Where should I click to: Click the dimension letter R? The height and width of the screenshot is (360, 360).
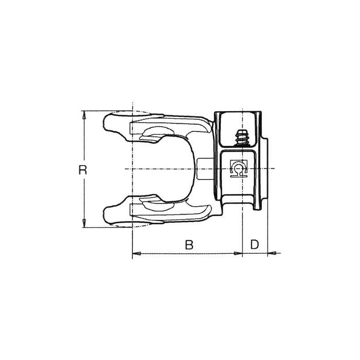[x=83, y=170]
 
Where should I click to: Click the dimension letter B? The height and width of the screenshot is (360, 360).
[x=189, y=244]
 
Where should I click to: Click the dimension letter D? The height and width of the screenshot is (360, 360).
[x=255, y=244]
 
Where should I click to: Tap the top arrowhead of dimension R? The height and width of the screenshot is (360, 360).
[x=84, y=115]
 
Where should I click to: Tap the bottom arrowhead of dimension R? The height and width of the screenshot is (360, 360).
[x=84, y=223]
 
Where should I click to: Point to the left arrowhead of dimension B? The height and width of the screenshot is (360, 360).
[x=137, y=253]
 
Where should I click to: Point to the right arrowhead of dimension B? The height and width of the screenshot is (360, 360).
[x=238, y=253]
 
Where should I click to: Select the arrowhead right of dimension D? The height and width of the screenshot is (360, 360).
[x=272, y=253]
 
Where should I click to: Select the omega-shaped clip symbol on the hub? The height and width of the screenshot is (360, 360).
[x=238, y=168]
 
